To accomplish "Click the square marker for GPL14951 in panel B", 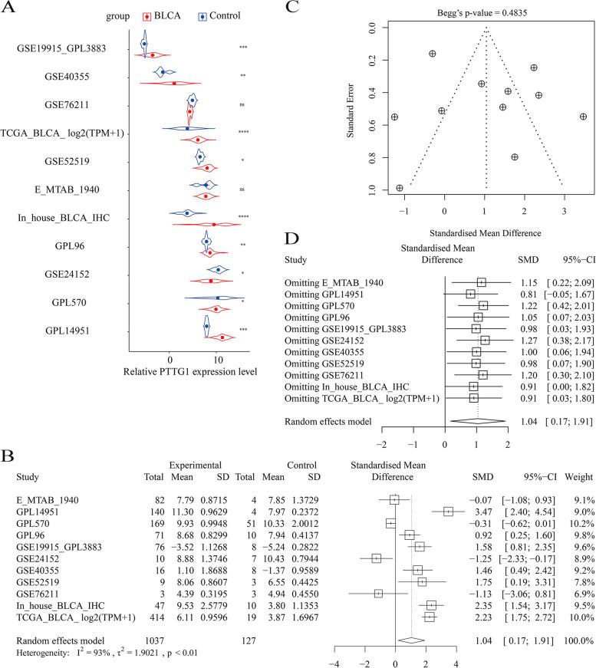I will point(448,489).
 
